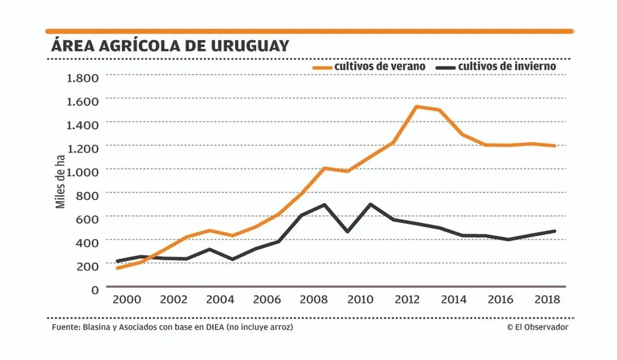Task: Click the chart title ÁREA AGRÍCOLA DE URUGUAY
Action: (x=169, y=46)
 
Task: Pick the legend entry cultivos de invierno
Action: (x=506, y=66)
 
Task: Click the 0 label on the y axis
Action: (x=95, y=290)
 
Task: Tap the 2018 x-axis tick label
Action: (x=547, y=300)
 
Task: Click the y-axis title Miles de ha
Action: (x=60, y=182)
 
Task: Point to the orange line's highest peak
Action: (x=416, y=107)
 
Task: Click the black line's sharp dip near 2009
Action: (x=347, y=231)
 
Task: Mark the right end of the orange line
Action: (x=554, y=145)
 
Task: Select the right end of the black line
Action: (x=554, y=231)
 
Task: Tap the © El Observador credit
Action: (x=537, y=327)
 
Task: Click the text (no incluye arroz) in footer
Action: (x=261, y=327)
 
